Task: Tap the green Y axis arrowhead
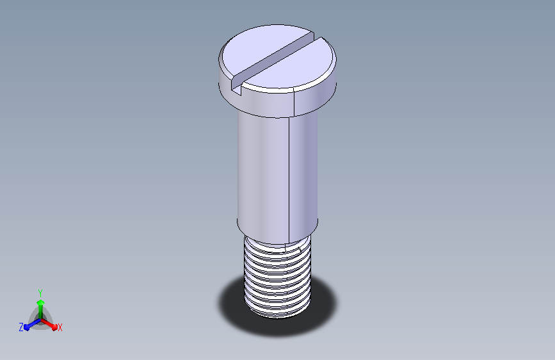pos(40,303)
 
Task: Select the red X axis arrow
pos(49,324)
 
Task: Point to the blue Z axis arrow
pos(33,324)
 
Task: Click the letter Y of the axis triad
pos(40,293)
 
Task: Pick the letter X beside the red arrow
pos(60,328)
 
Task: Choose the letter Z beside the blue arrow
pos(21,327)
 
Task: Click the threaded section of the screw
pos(278,277)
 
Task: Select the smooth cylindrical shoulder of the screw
pos(278,174)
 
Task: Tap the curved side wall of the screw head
pos(278,102)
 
